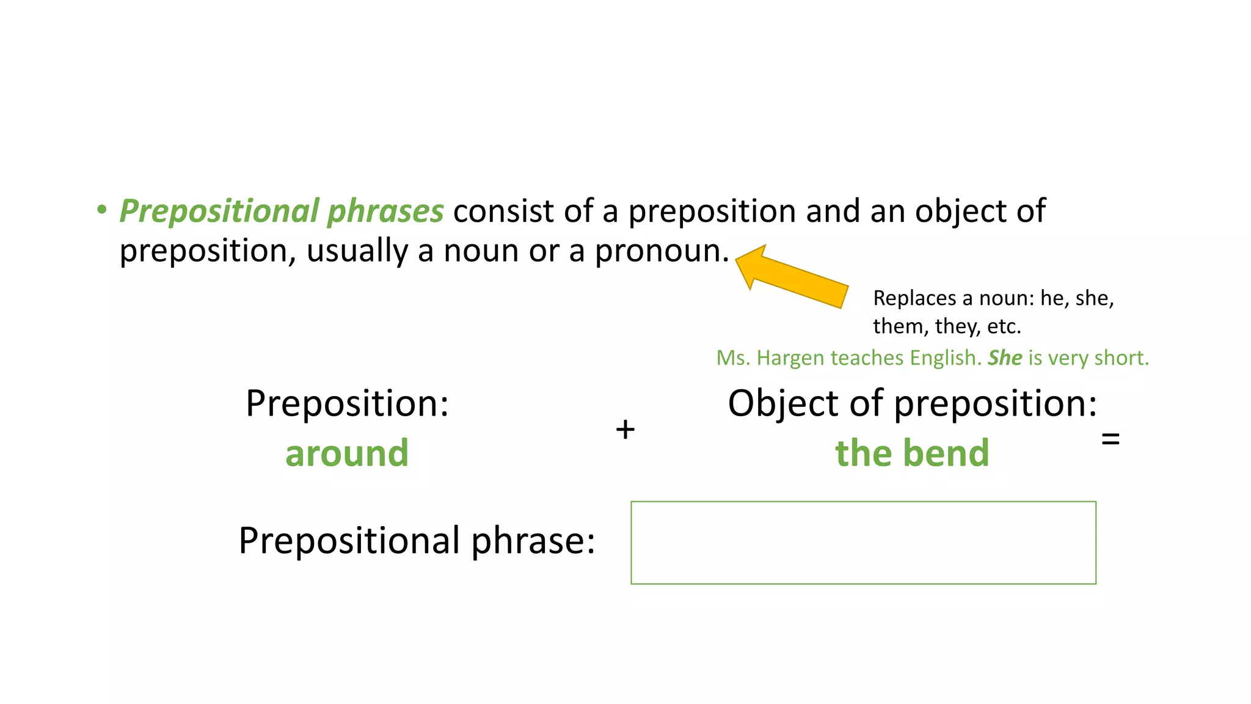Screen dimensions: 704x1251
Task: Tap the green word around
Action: (x=347, y=453)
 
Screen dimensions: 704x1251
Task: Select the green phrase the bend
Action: (x=912, y=453)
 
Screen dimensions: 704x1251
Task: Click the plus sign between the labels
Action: (x=625, y=430)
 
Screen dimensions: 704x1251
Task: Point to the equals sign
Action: (x=1110, y=438)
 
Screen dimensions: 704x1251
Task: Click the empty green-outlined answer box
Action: (x=863, y=543)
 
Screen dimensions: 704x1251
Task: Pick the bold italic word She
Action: (x=1005, y=358)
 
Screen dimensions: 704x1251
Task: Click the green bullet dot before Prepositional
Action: (x=101, y=210)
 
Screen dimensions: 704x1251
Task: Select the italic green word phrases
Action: (x=385, y=211)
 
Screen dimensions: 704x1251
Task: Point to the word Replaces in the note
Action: (x=914, y=298)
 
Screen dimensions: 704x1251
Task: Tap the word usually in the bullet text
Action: (x=357, y=251)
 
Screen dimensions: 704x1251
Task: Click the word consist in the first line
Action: (x=503, y=211)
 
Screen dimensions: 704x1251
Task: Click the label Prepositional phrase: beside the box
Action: (x=417, y=541)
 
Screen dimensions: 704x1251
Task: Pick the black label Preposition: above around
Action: (x=347, y=404)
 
